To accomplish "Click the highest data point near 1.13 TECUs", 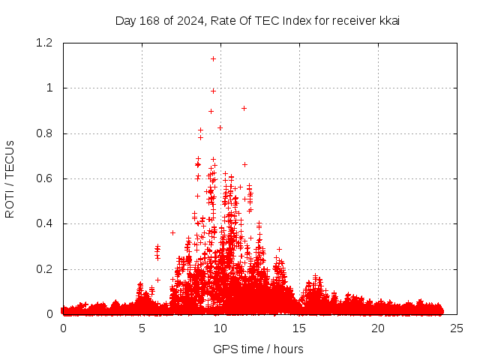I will click(x=213, y=58).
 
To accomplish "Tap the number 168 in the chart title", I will click(x=151, y=20).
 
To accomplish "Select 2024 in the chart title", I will click(x=190, y=20).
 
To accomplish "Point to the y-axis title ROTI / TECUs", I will click(x=10, y=178).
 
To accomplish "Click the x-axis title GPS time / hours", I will click(x=258, y=349).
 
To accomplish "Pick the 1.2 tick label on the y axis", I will click(x=44, y=43).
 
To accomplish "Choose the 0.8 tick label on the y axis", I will click(x=44, y=133).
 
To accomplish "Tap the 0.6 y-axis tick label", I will click(x=44, y=178).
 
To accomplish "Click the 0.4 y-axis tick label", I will click(x=44, y=223).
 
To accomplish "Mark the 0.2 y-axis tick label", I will click(x=44, y=269).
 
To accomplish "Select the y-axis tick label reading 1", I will click(x=50, y=88).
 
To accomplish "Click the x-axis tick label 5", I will click(x=142, y=328).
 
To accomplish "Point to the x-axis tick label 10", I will click(x=220, y=328).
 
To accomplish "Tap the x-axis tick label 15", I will click(x=299, y=328).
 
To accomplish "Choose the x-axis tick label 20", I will click(x=378, y=328).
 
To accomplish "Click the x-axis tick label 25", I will click(x=457, y=328).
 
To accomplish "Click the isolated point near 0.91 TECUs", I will click(x=244, y=108).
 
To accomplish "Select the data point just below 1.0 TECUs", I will click(x=213, y=91).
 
